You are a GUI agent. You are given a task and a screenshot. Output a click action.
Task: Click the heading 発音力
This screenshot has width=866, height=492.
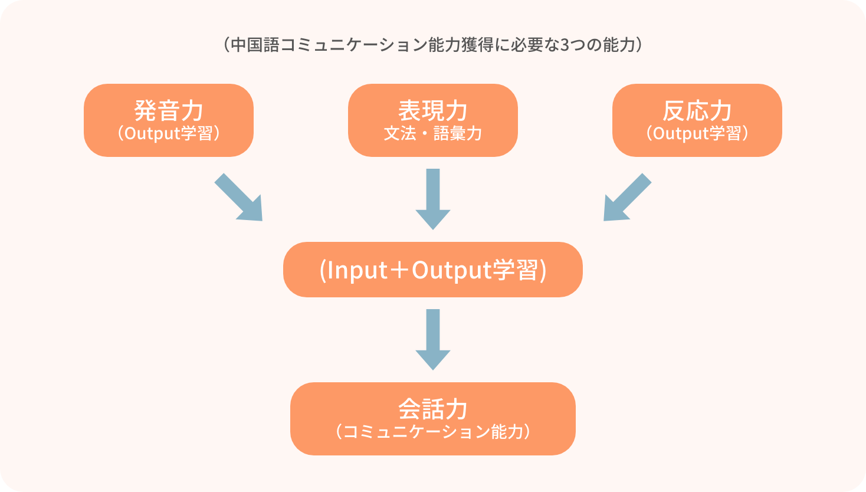coord(169,111)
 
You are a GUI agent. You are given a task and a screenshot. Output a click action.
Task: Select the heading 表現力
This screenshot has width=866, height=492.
coord(432,111)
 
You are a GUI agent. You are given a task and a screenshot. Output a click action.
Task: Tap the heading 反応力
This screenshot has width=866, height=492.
coord(697,111)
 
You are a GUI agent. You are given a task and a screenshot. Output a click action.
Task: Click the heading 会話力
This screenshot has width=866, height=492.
coord(432,409)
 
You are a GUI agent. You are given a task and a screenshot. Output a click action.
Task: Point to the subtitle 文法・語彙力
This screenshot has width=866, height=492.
coord(432,134)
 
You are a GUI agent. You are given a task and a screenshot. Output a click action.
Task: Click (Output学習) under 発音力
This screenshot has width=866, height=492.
coord(169,134)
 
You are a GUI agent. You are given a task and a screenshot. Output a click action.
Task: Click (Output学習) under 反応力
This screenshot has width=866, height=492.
coord(697,134)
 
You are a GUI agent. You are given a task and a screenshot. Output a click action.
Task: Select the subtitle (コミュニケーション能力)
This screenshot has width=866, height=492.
coord(432,432)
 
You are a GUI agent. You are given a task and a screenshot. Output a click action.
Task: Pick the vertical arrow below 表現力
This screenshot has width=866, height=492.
coord(432,199)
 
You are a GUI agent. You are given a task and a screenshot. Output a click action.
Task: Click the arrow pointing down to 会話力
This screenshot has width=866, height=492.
coord(432,339)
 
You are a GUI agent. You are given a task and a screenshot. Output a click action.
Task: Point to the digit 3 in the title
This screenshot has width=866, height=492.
coord(565,45)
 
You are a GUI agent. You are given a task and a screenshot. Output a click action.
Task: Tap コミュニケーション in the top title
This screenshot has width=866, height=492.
coord(353,45)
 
